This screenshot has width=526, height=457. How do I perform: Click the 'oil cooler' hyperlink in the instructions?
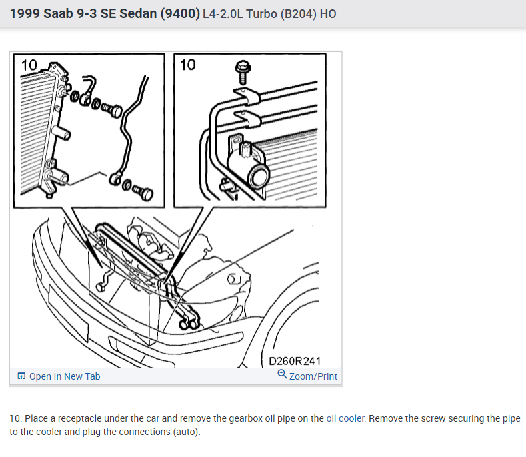[345, 418]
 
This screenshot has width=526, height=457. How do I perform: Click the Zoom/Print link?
[313, 376]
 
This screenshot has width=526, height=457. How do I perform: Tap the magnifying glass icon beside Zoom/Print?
[282, 374]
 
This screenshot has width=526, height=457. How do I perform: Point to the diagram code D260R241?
[295, 361]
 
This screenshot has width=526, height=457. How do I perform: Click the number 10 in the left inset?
[29, 65]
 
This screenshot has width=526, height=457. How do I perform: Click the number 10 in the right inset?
[187, 65]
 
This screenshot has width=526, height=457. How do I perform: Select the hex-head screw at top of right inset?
[243, 72]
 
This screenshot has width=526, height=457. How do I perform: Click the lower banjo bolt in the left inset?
[143, 192]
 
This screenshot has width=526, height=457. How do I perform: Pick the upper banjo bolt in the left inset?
[112, 109]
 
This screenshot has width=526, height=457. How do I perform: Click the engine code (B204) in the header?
[298, 14]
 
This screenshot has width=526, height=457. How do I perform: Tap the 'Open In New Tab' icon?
[21, 376]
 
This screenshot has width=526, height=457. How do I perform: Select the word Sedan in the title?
[138, 14]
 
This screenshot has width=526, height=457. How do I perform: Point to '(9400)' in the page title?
[180, 14]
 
